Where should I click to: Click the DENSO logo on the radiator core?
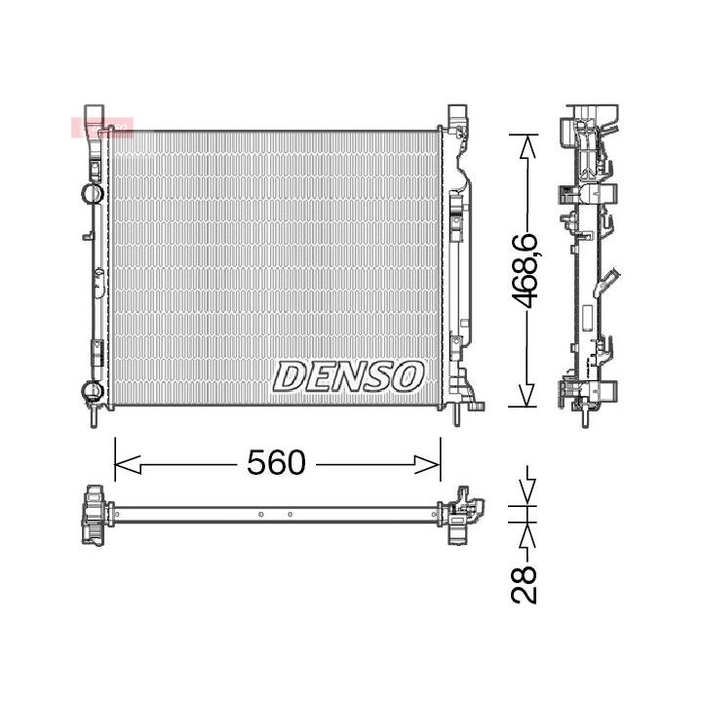(x=349, y=375)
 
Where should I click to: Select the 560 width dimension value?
(x=276, y=463)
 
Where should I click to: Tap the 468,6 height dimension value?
(x=527, y=272)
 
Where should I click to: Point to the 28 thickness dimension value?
(x=527, y=583)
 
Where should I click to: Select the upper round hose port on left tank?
(x=91, y=192)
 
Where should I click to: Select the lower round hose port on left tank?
(x=91, y=392)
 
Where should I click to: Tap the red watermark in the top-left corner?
(x=101, y=128)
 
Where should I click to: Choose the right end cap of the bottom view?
(x=461, y=515)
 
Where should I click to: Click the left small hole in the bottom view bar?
(x=261, y=514)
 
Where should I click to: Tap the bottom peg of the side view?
(x=583, y=417)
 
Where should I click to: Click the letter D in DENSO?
(x=290, y=375)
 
